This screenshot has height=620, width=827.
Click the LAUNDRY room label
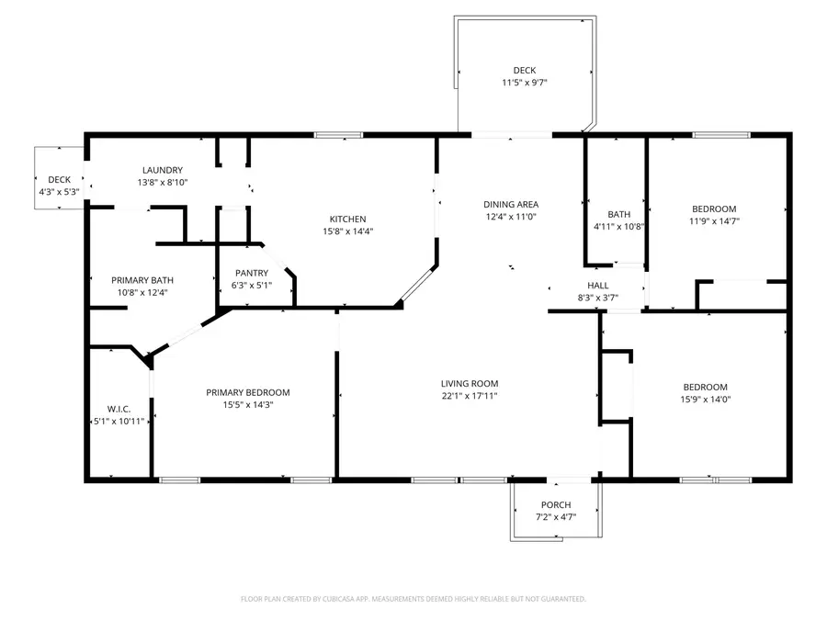pyautogui.click(x=162, y=170)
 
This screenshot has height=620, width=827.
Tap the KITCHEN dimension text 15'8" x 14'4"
pyautogui.click(x=347, y=231)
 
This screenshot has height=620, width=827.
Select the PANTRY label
pyautogui.click(x=251, y=273)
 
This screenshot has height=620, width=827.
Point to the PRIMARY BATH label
pyautogui.click(x=142, y=280)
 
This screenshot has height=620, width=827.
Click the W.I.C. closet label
pyautogui.click(x=119, y=409)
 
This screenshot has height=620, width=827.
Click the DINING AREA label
pyautogui.click(x=511, y=204)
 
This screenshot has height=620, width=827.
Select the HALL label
pyautogui.click(x=597, y=286)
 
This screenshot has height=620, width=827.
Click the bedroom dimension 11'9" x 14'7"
pyautogui.click(x=714, y=220)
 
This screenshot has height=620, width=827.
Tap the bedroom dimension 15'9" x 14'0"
pyautogui.click(x=705, y=399)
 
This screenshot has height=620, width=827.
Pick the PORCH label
pyautogui.click(x=556, y=505)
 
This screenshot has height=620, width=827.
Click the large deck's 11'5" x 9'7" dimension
pyautogui.click(x=524, y=83)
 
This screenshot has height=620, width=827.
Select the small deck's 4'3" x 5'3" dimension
pyautogui.click(x=59, y=192)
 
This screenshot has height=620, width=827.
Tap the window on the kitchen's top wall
pyautogui.click(x=338, y=136)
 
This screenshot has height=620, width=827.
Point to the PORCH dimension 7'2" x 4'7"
pyautogui.click(x=556, y=517)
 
